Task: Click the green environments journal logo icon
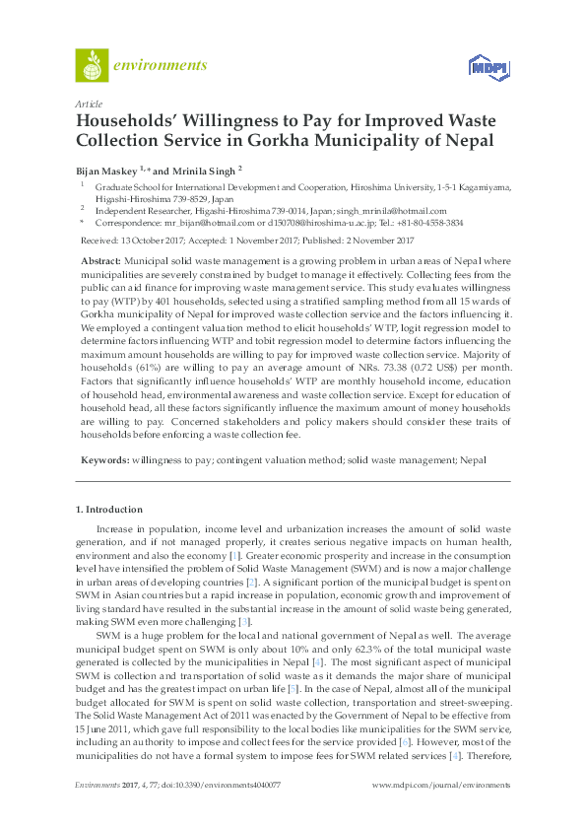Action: pos(91,66)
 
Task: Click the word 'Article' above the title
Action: pos(88,103)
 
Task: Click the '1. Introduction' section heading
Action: pos(108,510)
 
